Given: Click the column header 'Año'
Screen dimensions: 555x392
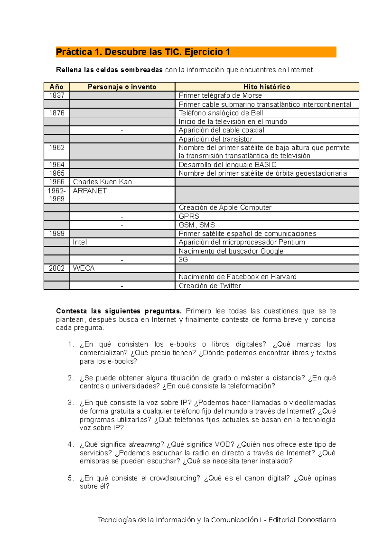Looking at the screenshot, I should [57, 87].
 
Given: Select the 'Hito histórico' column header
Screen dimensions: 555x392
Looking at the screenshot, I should [267, 87].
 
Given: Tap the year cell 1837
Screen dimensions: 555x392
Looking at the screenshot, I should [57, 95].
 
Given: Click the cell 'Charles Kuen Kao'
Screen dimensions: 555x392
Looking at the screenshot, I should [102, 182].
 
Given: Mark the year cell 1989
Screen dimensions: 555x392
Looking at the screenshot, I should [57, 234].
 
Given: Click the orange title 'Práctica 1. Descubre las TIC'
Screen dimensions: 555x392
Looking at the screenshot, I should [143, 52].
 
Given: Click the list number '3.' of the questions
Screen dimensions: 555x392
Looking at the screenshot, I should [71, 403].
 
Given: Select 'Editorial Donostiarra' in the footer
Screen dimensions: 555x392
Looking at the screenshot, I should [302, 520].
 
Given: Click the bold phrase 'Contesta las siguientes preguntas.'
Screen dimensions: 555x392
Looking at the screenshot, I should [119, 311].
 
